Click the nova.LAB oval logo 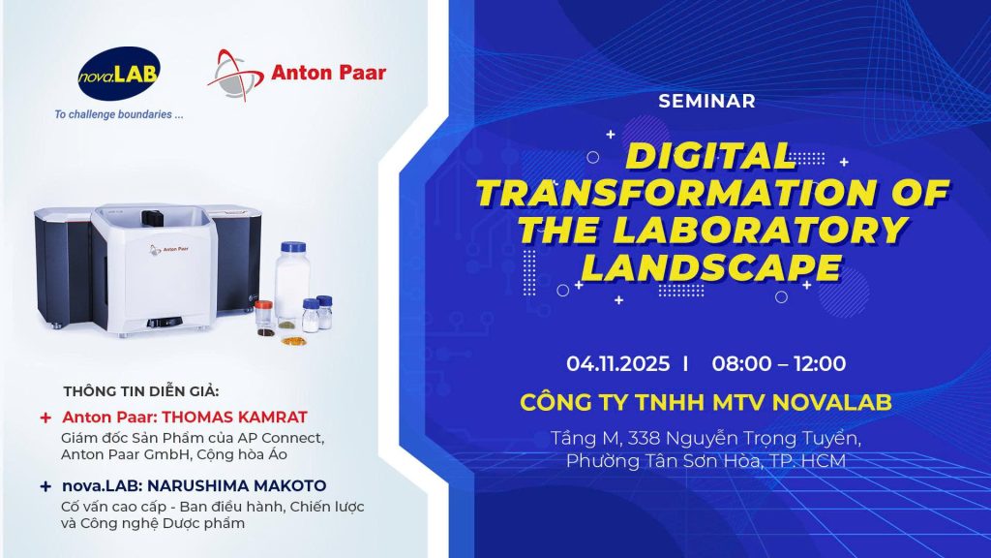coord(119,74)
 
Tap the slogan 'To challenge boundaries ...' coord(119,114)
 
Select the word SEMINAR coord(706,101)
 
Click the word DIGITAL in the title coord(709,156)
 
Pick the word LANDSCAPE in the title coord(711,267)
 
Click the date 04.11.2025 coord(617,364)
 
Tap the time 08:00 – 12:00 coord(779,364)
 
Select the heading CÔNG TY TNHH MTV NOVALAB coord(706,402)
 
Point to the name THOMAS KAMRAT coord(234,417)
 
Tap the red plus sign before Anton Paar coord(45,418)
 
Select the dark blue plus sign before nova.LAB coord(45,486)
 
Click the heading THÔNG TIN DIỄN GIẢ coord(140,391)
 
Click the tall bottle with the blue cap coord(292,286)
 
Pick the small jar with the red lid coord(264,316)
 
